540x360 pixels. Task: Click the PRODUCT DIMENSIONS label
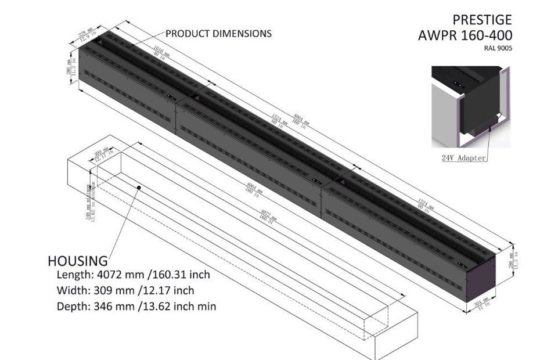tap(218, 34)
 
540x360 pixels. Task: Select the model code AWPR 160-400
tap(465, 35)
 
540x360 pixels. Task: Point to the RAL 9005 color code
tap(498, 48)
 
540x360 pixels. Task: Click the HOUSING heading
tap(77, 260)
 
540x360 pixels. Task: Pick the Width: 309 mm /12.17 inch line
tap(125, 290)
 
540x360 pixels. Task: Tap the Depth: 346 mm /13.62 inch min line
tap(136, 305)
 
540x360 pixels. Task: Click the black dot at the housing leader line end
tap(139, 188)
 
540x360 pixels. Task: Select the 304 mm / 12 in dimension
tap(480, 304)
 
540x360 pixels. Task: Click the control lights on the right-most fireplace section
tap(463, 264)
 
